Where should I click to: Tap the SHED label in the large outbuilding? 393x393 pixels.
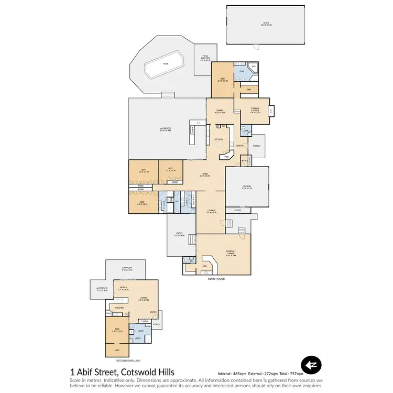[x=266, y=24]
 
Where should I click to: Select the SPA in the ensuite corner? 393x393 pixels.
[x=253, y=68]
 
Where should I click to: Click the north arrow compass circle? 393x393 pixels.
[x=311, y=365]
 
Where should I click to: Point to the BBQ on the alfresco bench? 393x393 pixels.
[x=193, y=129]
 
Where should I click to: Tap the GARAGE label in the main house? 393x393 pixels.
[x=247, y=187]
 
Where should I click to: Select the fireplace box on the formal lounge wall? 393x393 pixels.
[x=271, y=111]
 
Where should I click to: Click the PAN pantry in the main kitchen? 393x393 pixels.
[x=226, y=157]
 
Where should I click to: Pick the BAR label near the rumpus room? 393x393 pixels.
[x=205, y=266]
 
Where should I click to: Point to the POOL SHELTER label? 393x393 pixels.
[x=205, y=60]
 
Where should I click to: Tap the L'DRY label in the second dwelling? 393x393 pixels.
[x=137, y=339]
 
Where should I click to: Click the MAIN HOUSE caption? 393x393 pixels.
[x=216, y=279]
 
